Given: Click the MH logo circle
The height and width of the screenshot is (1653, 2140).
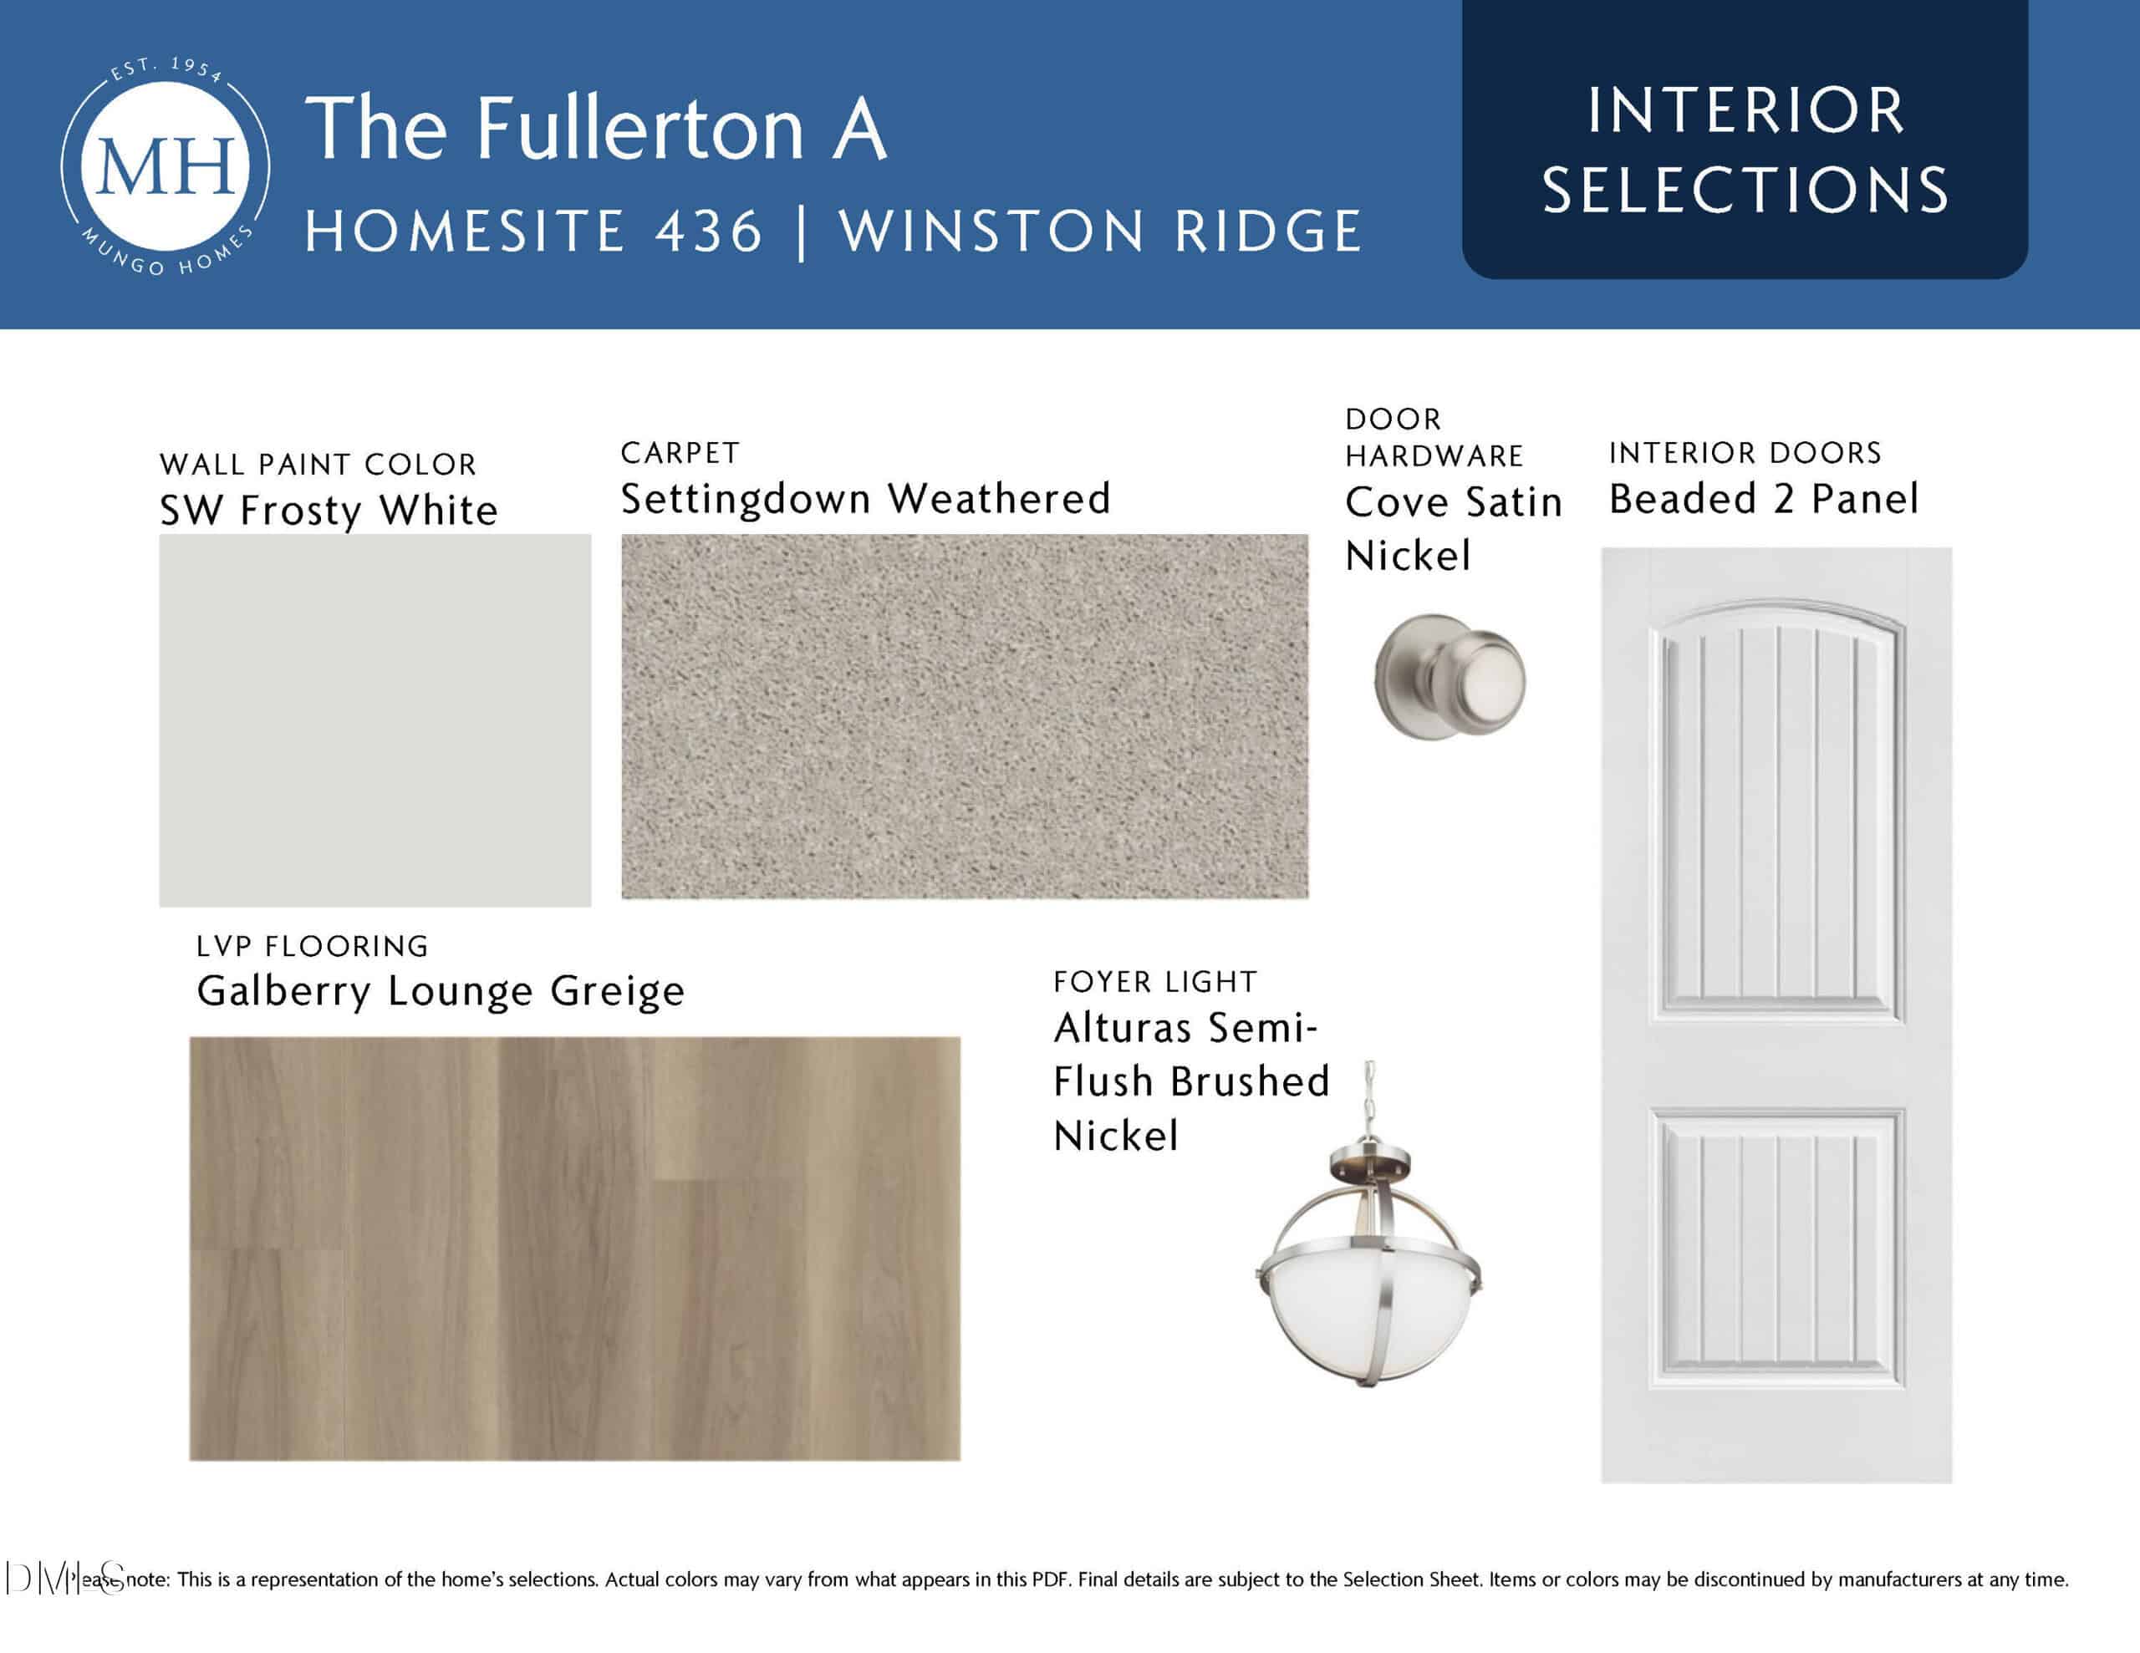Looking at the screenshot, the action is [x=166, y=165].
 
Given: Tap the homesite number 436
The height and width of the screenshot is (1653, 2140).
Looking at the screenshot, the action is [x=707, y=232].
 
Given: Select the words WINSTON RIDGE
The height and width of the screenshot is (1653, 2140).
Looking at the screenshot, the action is [x=1100, y=232].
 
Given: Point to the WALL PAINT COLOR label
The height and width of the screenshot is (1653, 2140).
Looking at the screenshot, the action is [x=318, y=465].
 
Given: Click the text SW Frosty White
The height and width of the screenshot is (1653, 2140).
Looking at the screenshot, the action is [x=329, y=511].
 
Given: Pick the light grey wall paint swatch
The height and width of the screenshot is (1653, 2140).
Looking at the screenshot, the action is [x=375, y=720].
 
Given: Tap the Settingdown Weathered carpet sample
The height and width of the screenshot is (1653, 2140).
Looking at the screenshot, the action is [x=964, y=716].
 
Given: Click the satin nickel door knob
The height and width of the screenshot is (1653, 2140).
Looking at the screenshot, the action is [x=1450, y=677].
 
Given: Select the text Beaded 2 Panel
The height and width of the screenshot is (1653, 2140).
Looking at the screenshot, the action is [x=1764, y=500].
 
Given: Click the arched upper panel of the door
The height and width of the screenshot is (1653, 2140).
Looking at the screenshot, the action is [x=1776, y=813].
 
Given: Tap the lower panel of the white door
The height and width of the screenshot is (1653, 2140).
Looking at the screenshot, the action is [x=1776, y=1249].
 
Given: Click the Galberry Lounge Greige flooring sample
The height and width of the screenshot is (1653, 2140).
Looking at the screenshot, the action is [x=575, y=1249].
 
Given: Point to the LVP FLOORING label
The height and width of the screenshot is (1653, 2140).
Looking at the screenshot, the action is [x=313, y=947].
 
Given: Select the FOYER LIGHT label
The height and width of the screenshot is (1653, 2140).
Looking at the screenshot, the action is [x=1155, y=982].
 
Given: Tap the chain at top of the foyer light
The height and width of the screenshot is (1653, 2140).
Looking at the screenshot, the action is [x=1371, y=1102].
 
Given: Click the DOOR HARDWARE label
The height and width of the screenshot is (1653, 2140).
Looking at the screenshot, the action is [x=1434, y=438].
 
